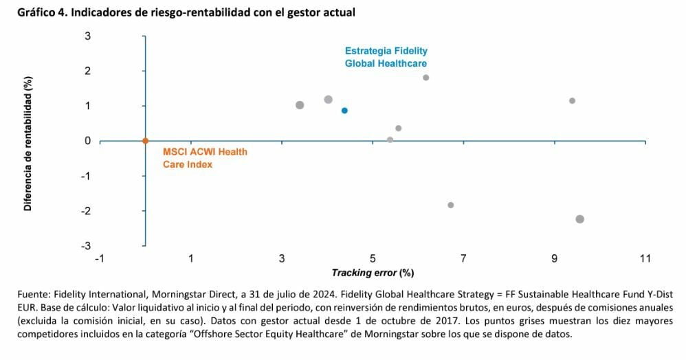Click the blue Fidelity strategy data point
point(344,111)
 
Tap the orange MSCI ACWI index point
point(145,141)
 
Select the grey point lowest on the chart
point(579,219)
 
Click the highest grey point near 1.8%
point(426,78)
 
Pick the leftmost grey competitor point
point(300,105)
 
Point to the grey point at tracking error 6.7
point(451,205)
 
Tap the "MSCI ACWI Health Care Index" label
point(204,158)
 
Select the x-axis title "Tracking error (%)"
point(373,273)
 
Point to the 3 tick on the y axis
point(88,36)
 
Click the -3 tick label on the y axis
point(86,246)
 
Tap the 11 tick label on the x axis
point(645,258)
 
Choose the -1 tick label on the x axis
point(100,258)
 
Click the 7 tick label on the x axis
point(463,258)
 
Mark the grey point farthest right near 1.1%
point(572,101)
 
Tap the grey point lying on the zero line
point(390,140)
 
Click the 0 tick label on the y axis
point(88,141)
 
